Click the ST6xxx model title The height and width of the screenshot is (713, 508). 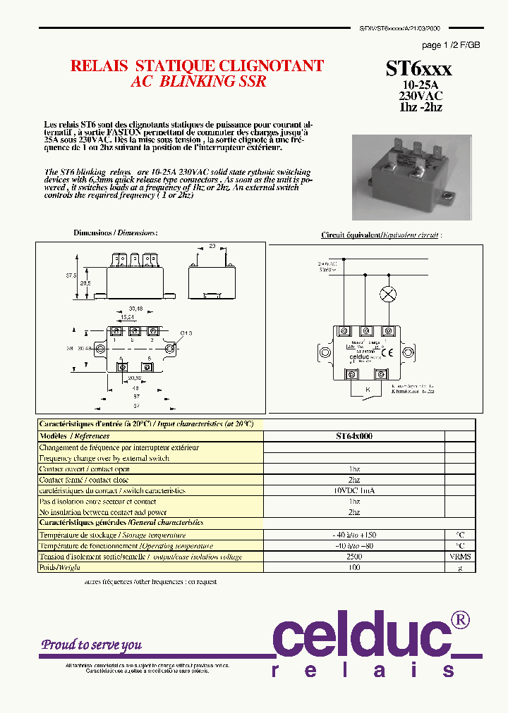[418, 68]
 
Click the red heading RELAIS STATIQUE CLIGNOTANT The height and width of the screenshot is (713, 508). [197, 66]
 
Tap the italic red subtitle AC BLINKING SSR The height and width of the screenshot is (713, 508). [198, 82]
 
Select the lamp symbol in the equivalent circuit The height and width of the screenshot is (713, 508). [387, 294]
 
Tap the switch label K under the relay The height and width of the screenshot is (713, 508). [367, 390]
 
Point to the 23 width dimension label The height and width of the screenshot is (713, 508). [212, 246]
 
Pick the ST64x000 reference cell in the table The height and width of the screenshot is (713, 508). [353, 436]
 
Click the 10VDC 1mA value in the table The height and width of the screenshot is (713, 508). [353, 490]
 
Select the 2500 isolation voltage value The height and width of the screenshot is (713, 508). [353, 557]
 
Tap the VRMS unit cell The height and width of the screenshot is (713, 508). [459, 557]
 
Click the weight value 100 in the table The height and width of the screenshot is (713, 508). [353, 567]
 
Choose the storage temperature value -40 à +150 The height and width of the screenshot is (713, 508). [353, 535]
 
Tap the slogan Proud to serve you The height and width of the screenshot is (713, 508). [92, 645]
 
